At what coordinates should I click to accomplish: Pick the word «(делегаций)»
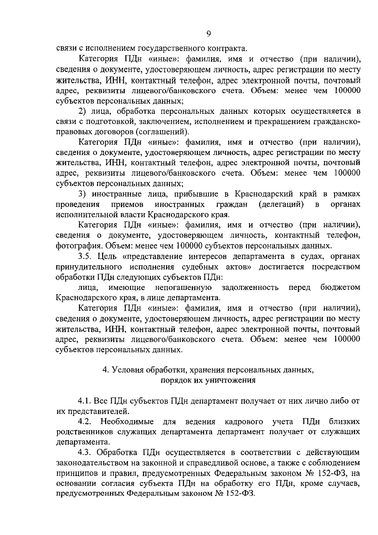[281, 204]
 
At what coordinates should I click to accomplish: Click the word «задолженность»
[250, 287]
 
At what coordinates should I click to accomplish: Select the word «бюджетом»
[340, 287]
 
